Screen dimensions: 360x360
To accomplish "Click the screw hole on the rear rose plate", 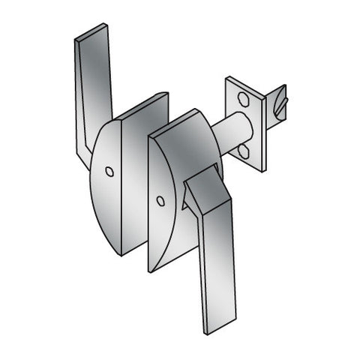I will [x=109, y=172].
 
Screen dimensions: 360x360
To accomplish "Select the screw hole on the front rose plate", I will [x=160, y=201].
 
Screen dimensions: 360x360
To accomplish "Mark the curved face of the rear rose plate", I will [x=105, y=195].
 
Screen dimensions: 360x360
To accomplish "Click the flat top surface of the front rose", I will [x=180, y=122].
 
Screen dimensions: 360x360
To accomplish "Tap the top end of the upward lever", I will [x=91, y=34].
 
